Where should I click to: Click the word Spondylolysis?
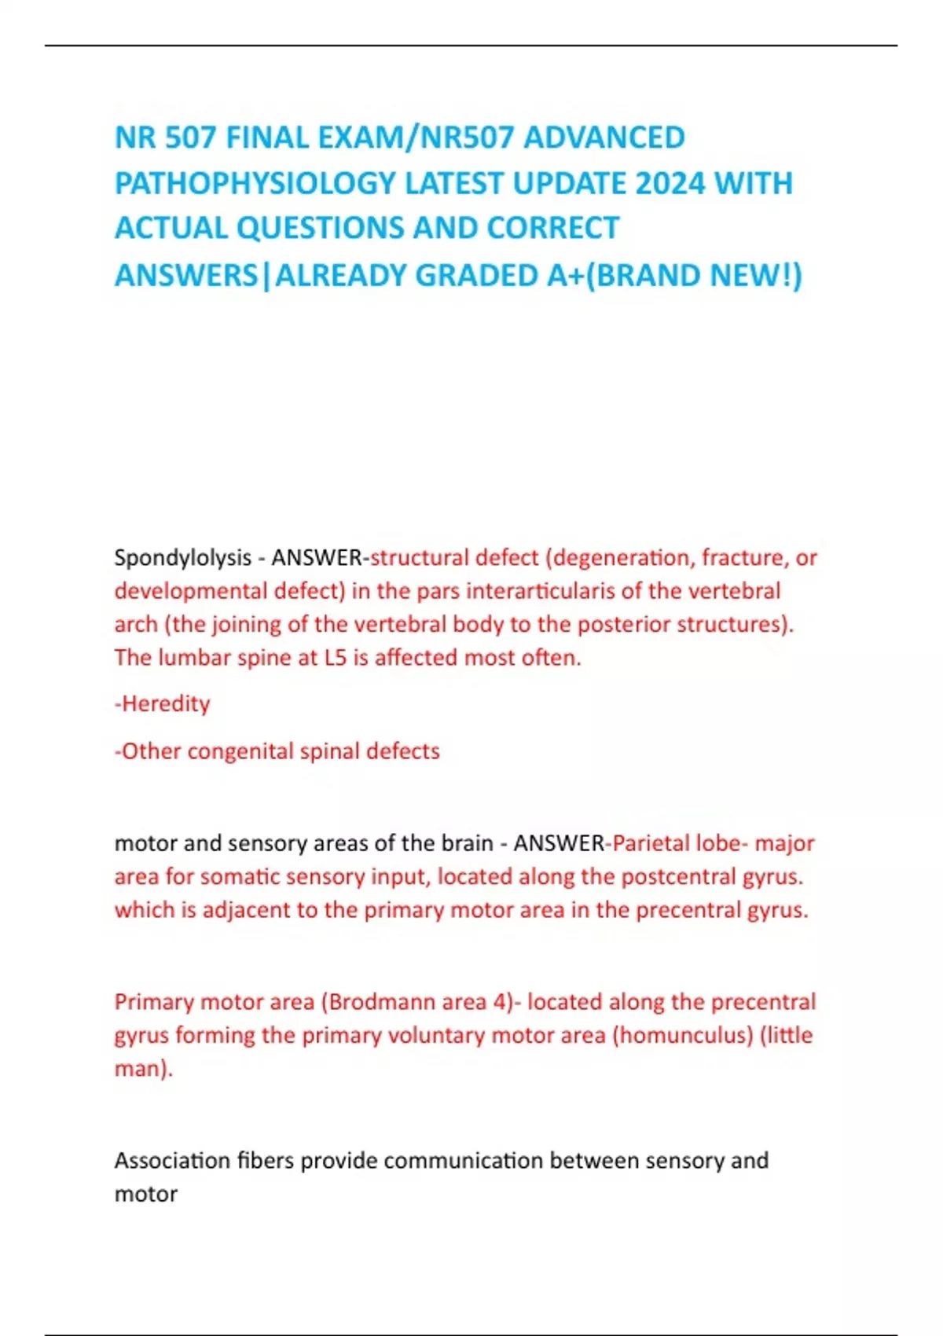[x=182, y=558]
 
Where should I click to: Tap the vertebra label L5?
[x=335, y=657]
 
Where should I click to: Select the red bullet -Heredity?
[x=163, y=703]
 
